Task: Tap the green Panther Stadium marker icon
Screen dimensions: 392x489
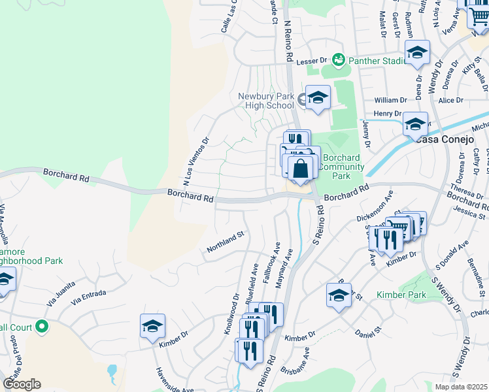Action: click(338, 61)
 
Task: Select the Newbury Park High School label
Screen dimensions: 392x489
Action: click(266, 101)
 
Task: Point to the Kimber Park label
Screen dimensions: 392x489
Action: click(401, 295)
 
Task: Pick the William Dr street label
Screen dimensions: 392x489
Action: click(391, 101)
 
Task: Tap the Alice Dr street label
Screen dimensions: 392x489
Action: click(450, 100)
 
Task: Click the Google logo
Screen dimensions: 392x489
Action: click(22, 384)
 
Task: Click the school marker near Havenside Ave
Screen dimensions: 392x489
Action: click(152, 325)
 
